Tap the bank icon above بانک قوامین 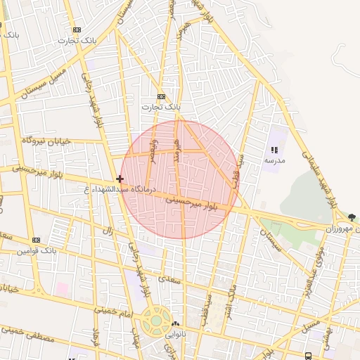(x=36, y=240)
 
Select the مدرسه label (x=274, y=161)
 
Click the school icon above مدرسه (x=274, y=150)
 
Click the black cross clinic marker (x=120, y=179)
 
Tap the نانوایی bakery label (x=176, y=335)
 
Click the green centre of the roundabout (x=155, y=321)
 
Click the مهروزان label (x=342, y=229)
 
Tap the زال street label (x=108, y=230)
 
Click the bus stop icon (x=308, y=356)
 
